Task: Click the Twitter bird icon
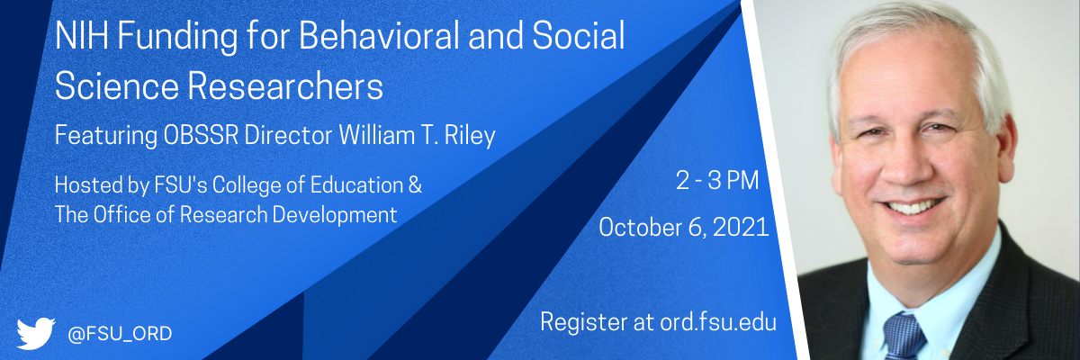36,333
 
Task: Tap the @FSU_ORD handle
120,334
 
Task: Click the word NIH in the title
82,36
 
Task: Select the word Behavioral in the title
379,36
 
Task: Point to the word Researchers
285,86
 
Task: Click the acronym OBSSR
201,135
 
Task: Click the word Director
288,135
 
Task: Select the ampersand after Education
415,185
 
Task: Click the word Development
335,215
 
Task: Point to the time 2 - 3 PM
717,181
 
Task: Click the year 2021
741,228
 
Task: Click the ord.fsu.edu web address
718,322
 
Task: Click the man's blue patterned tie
903,337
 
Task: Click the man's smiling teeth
911,208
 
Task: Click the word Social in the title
579,36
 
